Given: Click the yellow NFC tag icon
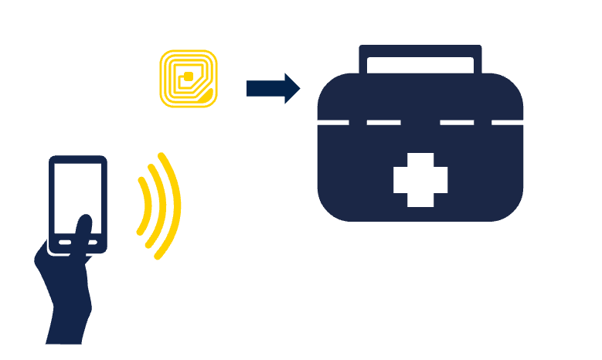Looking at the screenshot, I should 189,78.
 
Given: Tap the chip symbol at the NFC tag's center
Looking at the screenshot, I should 186,76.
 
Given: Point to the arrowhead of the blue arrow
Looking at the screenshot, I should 291,89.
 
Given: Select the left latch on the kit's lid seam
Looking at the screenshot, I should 356,122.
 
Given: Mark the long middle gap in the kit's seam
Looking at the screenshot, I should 420,122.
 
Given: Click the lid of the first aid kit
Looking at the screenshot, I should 420,97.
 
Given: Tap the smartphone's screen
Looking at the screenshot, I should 78,193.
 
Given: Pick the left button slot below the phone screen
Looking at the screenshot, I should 64,243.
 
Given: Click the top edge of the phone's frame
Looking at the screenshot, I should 78,159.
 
